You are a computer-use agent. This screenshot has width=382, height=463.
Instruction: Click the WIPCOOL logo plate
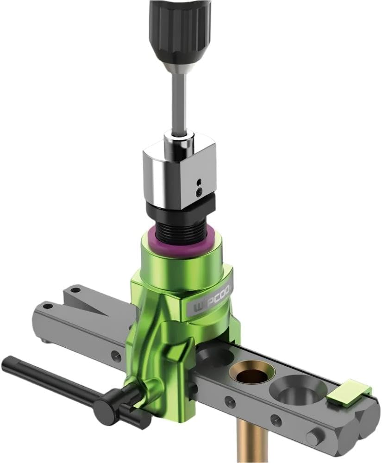(x=211, y=301)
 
